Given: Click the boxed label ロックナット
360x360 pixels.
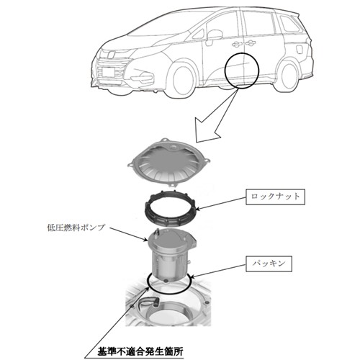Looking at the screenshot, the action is click(275, 197).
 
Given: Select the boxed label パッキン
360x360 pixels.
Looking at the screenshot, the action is click(269, 264).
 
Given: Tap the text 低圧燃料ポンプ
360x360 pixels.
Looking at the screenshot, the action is click(76, 227).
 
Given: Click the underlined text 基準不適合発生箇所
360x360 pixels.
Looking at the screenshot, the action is click(140, 352).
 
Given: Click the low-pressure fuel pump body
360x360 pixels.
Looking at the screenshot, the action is click(171, 255).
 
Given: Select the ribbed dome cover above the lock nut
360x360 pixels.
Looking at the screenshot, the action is click(168, 164).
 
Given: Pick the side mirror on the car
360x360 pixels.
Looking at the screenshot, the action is click(215, 34).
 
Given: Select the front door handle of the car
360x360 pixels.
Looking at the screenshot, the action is click(236, 44).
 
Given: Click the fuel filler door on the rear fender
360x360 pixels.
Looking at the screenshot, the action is click(300, 50).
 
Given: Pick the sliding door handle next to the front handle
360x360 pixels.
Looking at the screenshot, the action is click(251, 43).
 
